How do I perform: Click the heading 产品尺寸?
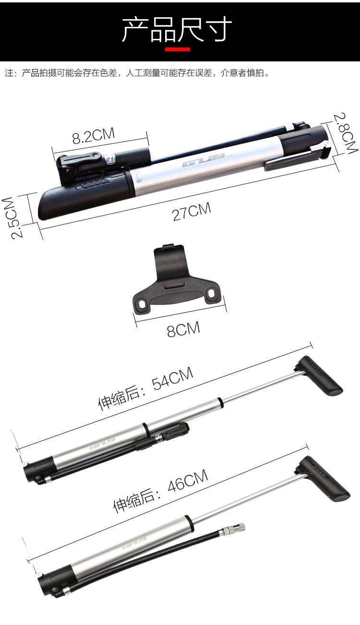[x=177, y=29]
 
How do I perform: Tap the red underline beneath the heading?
[x=177, y=49]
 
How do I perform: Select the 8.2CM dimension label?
[x=94, y=136]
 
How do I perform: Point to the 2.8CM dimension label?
[x=345, y=133]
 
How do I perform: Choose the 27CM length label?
[x=192, y=212]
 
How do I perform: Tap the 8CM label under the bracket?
[x=183, y=329]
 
